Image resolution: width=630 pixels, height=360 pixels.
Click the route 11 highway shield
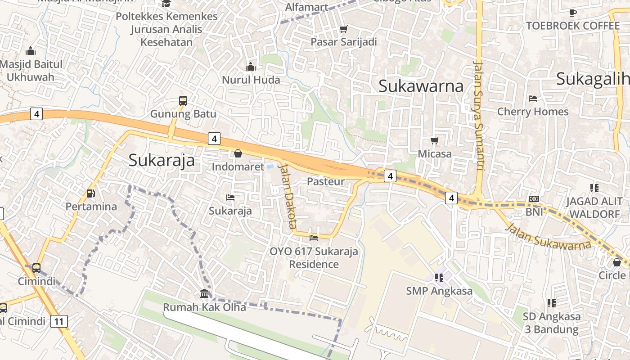[x=59, y=321]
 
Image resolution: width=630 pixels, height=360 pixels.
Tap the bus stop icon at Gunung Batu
[x=183, y=100]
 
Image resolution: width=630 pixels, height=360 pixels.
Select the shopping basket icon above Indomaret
[x=238, y=153]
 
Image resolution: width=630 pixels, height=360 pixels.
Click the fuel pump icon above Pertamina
[x=90, y=193]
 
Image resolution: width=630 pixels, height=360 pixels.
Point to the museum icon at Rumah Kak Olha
[x=204, y=294]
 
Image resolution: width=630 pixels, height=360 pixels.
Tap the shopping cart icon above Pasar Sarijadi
[x=344, y=29]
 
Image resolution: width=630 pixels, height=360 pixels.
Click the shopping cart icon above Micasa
[x=435, y=140]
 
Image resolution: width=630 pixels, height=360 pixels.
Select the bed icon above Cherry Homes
[x=533, y=98]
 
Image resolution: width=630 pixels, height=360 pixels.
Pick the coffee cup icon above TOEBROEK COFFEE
[x=572, y=13]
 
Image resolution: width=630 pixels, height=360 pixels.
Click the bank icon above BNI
[x=534, y=198]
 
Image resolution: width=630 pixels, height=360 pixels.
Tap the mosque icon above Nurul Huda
[x=251, y=67]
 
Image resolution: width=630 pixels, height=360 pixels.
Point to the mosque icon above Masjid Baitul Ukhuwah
[x=31, y=51]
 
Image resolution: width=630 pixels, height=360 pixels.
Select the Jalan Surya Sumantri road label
[x=478, y=115]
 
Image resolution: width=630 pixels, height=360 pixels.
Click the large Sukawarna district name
[x=421, y=85]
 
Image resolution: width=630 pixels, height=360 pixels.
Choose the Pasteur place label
[x=325, y=181]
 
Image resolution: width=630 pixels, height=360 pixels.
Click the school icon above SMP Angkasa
[x=439, y=277]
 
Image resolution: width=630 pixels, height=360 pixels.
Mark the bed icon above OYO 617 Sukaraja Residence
[x=314, y=238]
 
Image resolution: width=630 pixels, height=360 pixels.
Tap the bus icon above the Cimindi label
[x=36, y=268]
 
